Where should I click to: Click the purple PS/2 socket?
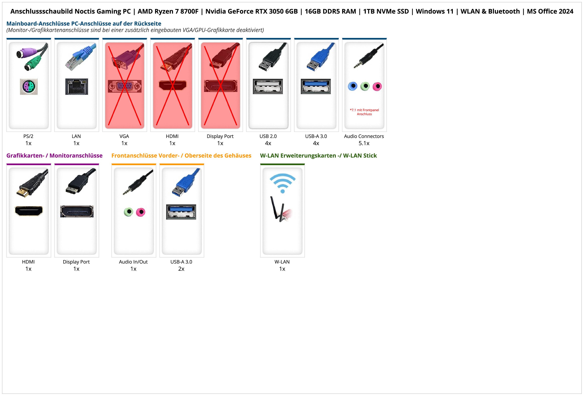click(x=29, y=86)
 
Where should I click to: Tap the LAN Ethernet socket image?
click(x=77, y=86)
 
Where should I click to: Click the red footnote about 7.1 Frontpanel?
click(x=364, y=112)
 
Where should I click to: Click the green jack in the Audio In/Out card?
click(x=129, y=212)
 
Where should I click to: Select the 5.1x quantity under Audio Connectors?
click(x=364, y=143)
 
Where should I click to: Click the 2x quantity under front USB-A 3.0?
click(x=181, y=269)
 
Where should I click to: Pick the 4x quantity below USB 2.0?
click(x=268, y=143)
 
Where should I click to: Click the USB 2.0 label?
click(x=268, y=136)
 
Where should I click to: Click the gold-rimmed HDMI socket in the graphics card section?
click(x=29, y=211)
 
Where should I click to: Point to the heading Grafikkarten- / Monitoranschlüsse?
click(x=54, y=155)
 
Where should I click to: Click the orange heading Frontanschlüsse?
click(x=181, y=155)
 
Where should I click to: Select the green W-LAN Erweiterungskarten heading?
click(x=318, y=155)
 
